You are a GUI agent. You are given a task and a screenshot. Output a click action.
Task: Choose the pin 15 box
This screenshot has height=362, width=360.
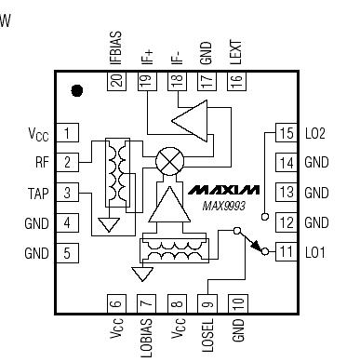285,133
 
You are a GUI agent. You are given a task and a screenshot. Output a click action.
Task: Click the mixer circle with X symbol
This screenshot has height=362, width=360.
168,160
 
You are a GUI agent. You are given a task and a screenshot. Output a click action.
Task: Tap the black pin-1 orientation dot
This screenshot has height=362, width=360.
78,90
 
